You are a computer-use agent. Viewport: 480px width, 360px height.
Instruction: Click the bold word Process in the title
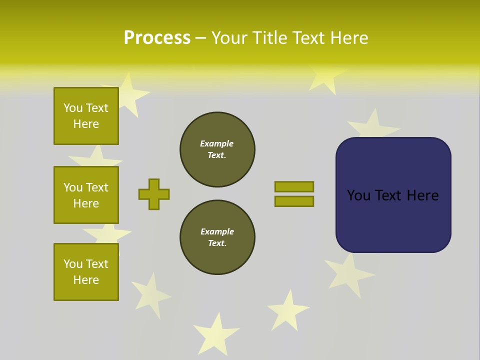[157, 38]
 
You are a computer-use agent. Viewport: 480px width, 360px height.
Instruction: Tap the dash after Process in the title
[201, 38]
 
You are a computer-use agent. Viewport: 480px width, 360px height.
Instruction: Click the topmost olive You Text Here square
[86, 116]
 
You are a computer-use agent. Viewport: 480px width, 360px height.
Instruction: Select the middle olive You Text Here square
[86, 195]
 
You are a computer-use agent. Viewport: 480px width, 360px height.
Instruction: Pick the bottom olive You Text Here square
[86, 272]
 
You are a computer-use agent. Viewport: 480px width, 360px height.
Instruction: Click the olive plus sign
[154, 194]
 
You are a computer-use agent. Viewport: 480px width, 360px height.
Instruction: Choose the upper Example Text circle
[217, 149]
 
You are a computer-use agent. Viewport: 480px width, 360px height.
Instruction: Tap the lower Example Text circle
[217, 237]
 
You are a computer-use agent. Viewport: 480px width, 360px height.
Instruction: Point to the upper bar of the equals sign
[294, 186]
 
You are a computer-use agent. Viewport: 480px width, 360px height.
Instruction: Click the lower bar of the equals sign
[294, 201]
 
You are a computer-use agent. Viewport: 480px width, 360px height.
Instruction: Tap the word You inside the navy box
[358, 195]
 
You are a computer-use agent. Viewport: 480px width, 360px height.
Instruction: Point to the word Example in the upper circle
[216, 143]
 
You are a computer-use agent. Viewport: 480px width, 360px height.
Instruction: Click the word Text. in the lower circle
[217, 243]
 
